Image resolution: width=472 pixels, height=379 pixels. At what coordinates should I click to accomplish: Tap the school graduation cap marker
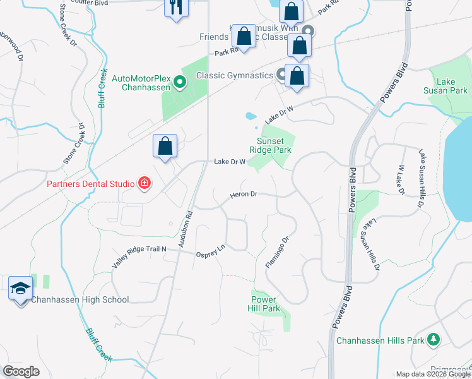click(20, 289)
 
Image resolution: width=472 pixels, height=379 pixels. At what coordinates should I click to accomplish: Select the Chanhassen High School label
click(80, 300)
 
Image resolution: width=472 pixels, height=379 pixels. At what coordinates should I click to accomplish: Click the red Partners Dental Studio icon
click(145, 184)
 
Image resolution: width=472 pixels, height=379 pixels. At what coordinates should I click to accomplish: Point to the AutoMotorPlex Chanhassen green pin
click(179, 81)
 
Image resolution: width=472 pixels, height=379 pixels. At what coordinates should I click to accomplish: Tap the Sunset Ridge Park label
click(274, 146)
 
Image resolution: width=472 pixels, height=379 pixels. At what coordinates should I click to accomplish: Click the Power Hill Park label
click(265, 304)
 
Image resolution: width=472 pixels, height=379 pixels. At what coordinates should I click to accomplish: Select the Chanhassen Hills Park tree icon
click(433, 340)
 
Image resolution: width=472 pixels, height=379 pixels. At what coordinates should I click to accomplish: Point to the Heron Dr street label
click(244, 195)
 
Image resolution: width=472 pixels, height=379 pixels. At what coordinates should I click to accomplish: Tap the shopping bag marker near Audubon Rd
click(165, 146)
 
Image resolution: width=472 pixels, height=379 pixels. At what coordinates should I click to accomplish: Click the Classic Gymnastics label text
click(234, 75)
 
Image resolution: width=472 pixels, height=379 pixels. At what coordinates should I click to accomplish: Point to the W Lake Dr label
click(400, 179)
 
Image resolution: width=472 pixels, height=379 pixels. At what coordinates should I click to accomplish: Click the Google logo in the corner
click(21, 371)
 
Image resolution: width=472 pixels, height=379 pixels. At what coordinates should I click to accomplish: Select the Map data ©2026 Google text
click(432, 374)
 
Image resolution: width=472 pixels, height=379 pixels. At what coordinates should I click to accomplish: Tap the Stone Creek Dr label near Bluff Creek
click(74, 145)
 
